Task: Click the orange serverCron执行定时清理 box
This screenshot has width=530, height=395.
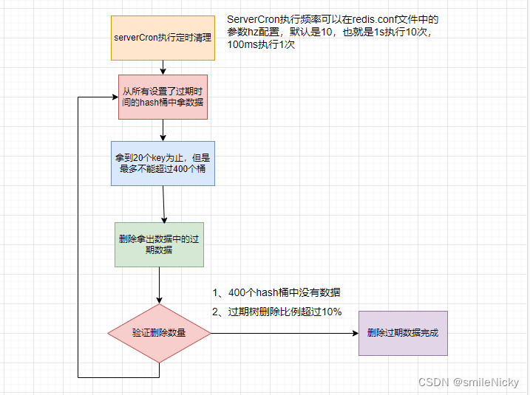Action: [163, 37]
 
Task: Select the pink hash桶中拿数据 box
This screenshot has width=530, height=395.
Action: [163, 97]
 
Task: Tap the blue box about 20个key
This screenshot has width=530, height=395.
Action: [163, 163]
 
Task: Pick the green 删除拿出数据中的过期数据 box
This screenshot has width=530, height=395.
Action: [160, 244]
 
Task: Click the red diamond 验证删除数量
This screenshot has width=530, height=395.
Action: [159, 332]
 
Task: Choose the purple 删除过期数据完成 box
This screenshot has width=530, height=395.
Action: [403, 332]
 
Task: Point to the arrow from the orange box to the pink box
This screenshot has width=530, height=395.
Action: [163, 67]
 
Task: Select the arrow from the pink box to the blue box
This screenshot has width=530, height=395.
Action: [163, 130]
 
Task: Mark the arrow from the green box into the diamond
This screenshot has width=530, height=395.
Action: [160, 285]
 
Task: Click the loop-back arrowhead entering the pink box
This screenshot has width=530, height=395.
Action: [114, 97]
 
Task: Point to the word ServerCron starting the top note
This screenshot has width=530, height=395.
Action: [254, 18]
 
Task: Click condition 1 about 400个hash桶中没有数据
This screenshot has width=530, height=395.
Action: [276, 293]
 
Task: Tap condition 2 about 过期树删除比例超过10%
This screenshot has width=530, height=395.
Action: [276, 312]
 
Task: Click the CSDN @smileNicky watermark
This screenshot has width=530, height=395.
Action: [469, 382]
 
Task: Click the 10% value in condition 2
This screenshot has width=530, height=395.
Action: [331, 312]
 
